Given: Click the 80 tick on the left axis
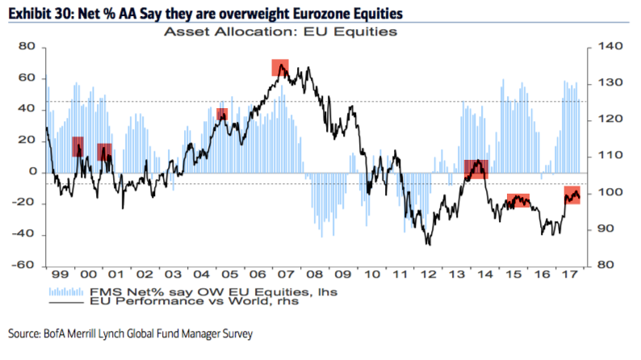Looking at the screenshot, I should pos(28,47).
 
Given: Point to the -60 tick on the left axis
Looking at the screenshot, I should pos(25,266).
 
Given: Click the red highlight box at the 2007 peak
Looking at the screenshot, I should pos(280,68).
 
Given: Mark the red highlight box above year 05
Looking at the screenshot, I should pos(222,115).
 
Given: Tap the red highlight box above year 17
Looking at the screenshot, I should pos(572,195).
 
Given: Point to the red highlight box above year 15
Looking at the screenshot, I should pos(517,201).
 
